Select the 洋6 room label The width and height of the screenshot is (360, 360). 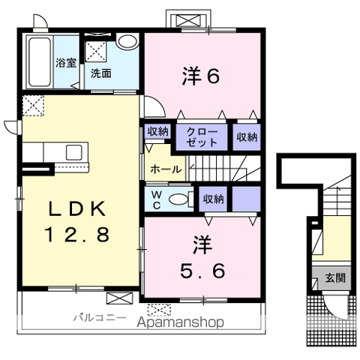coord(201,76)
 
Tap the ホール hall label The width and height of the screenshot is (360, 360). coord(165,169)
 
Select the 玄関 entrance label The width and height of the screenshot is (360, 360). coord(334,278)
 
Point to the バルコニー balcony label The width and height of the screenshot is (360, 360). coord(99,317)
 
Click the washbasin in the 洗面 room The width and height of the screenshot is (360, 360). coord(127,42)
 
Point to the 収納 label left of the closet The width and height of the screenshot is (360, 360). coord(157,132)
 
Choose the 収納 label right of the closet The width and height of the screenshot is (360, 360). coord(247,136)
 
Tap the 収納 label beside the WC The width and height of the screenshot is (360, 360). coord(213,199)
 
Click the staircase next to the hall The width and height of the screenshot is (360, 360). coord(225,169)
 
